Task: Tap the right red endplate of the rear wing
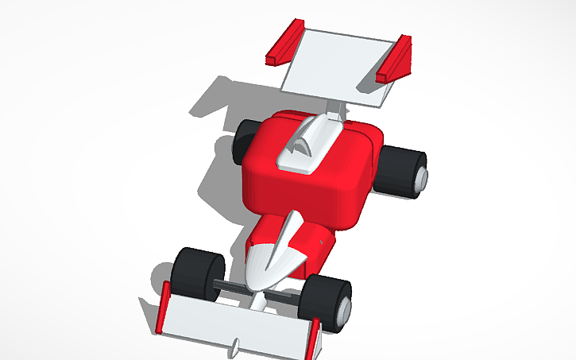coord(395,60)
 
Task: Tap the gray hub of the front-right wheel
coord(343,310)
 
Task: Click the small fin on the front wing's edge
coord(237,348)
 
